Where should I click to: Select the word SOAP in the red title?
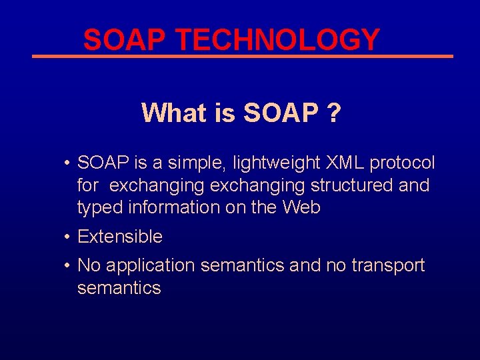pos(126,40)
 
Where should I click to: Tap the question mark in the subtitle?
pos(333,113)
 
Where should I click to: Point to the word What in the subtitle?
pos(174,113)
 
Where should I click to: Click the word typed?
pos(98,208)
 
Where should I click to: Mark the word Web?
pos(301,207)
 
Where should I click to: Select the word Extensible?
pos(120,237)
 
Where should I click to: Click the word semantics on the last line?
pos(119,288)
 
